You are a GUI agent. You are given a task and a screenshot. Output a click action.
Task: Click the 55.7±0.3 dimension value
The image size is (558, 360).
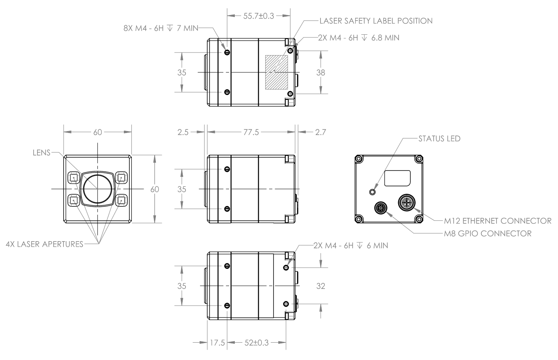(258, 16)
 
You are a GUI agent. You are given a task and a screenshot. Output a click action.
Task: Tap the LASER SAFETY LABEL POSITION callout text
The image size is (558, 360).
(376, 21)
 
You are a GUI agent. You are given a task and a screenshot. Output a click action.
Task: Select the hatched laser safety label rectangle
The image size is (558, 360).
(277, 72)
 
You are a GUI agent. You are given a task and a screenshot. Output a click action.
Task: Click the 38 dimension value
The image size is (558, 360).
(320, 73)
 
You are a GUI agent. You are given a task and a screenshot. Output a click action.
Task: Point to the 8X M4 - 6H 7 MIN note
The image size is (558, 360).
(161, 28)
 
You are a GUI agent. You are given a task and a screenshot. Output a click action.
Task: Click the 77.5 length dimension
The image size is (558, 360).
(251, 132)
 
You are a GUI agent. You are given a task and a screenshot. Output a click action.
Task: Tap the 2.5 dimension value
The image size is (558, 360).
(183, 132)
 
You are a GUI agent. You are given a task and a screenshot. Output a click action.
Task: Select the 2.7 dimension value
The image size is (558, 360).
(320, 132)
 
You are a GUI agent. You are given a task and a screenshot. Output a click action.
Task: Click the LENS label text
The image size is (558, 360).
(41, 153)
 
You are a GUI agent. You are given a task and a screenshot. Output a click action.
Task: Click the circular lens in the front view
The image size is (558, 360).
(97, 189)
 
